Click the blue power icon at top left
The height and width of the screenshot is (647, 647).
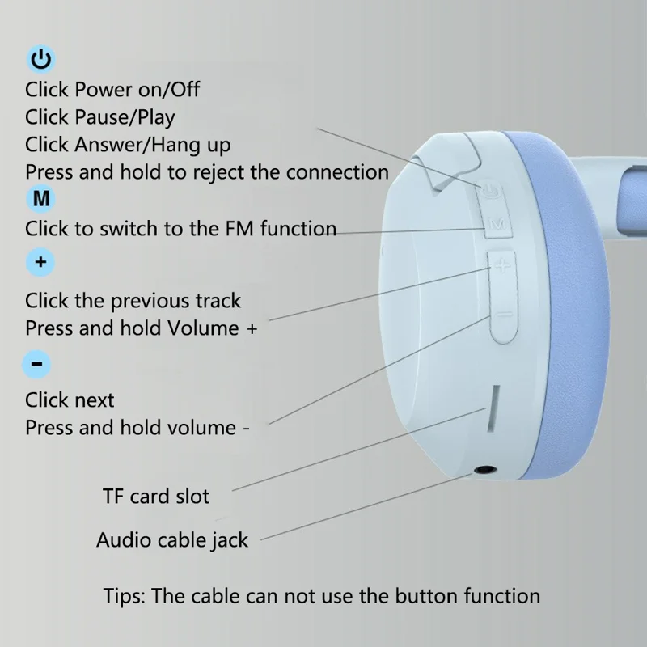coord(41,59)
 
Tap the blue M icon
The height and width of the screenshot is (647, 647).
coord(40,198)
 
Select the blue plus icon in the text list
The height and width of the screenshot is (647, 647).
coord(40,263)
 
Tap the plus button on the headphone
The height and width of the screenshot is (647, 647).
coord(501,264)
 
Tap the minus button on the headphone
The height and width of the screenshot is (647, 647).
coord(501,316)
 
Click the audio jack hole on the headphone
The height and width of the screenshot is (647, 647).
coord(484,469)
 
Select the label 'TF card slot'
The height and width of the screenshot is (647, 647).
coord(156,496)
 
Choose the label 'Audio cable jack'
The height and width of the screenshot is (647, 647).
coord(172,539)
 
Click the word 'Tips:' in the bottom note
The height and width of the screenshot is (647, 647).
coord(126,597)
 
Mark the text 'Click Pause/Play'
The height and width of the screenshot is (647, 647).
coord(99,117)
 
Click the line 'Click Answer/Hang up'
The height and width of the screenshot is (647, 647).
coord(128,145)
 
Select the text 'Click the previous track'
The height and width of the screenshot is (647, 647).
coord(133,301)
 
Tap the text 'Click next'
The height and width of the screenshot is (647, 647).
coord(70,400)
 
